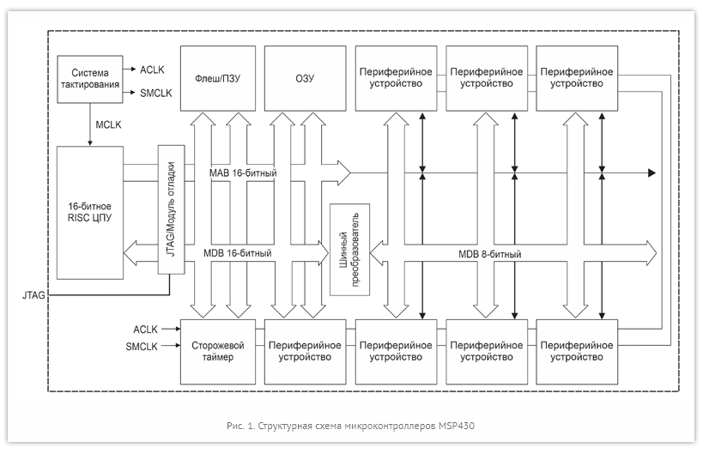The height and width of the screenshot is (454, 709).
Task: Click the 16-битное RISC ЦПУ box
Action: coord(90,212)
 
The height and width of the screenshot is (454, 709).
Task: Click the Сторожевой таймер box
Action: coord(218,352)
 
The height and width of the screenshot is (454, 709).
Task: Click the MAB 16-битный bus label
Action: coord(243,174)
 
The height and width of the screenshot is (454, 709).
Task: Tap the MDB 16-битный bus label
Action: coord(238,254)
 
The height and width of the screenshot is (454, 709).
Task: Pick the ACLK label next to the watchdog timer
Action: coord(148,330)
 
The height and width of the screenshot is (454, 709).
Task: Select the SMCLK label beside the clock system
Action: coord(155,93)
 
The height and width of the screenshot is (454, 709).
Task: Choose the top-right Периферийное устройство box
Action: coord(576,78)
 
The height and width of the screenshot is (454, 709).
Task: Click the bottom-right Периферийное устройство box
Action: coord(576,352)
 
